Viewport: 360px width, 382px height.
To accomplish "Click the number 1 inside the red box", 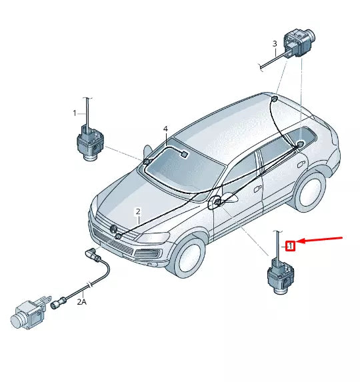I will coord(290,246).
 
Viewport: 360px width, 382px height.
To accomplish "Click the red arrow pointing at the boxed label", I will coord(322,239).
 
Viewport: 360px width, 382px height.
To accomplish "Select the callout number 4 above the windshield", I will coord(165,129).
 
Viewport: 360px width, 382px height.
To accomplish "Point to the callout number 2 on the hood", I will coord(138,212).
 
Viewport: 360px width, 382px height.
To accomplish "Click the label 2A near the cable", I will coord(81,302).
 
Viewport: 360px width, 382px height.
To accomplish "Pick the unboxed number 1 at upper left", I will coord(75,113).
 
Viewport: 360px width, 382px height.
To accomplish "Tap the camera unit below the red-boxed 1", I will coord(278,275).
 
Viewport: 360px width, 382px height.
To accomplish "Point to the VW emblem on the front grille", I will coord(103,229).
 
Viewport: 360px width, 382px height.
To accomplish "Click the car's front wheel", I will coord(189,257).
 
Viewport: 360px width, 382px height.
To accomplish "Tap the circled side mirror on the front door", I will coord(217,203).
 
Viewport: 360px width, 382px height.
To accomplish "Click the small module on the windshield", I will coord(183,154).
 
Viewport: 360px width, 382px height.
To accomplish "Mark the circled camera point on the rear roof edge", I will coord(273,99).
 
